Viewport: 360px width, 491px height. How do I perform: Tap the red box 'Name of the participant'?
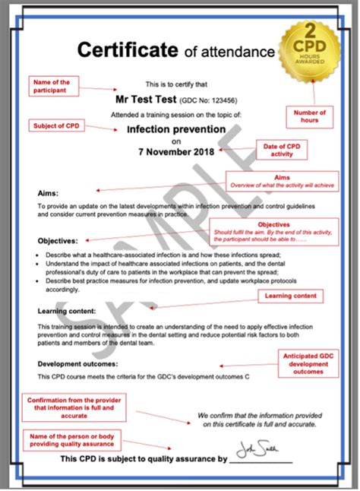click(54, 85)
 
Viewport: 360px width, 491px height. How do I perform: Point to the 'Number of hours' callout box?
click(309, 116)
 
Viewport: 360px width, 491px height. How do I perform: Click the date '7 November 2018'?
click(176, 151)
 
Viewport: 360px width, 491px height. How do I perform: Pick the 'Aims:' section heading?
click(47, 193)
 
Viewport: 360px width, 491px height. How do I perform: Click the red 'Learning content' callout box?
click(289, 296)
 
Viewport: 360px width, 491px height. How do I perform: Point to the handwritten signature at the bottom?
click(255, 451)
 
